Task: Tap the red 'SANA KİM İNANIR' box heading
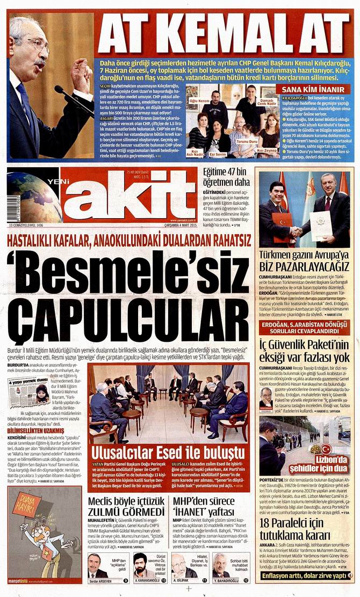[x=313, y=89]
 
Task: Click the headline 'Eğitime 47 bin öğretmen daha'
[x=226, y=177]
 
